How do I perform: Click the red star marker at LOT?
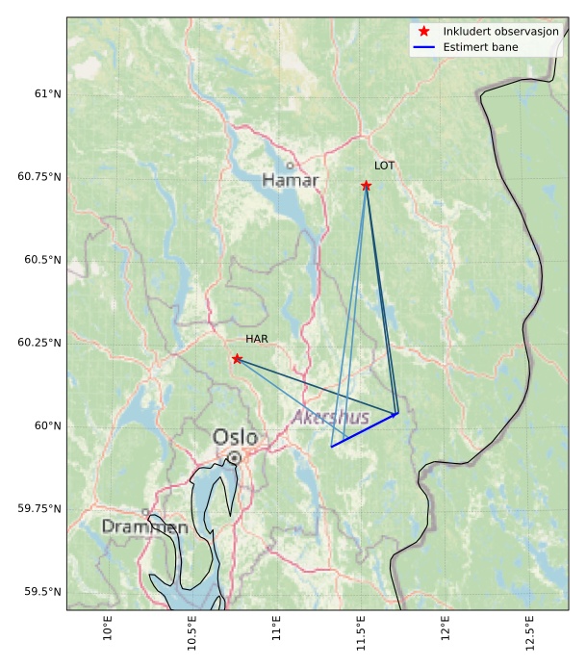coord(366,185)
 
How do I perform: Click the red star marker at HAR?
coord(237,358)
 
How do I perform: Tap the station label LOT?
coord(384,166)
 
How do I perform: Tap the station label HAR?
coord(256,339)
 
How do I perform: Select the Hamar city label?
coord(290,180)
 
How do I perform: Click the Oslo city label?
coord(235,438)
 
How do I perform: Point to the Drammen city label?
coord(144,527)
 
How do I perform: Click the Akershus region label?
coord(330,418)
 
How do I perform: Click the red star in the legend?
coord(423,32)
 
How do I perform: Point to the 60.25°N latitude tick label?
coord(39,343)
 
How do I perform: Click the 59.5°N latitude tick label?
coord(42,591)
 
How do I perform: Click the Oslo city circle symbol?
coord(234,457)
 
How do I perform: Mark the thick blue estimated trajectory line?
coord(364,430)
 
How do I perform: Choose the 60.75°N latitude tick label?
coord(39,177)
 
